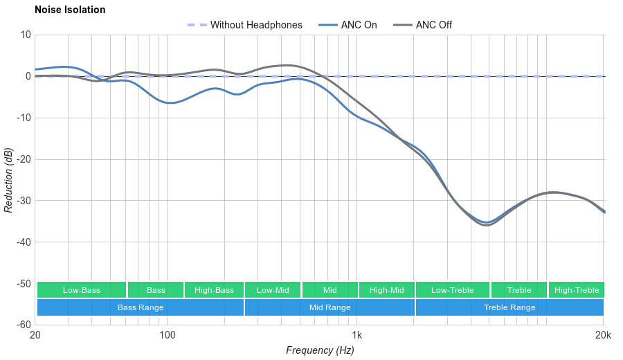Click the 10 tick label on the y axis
tap(26, 35)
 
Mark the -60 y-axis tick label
tap(23, 325)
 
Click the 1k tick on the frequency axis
tap(357, 336)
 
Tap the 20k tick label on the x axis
tap(603, 336)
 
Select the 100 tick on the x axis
tap(168, 336)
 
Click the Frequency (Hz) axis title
tap(320, 350)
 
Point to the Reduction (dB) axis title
tap(8, 180)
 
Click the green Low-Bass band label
tap(82, 290)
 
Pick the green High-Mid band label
tap(386, 290)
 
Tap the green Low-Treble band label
tap(453, 290)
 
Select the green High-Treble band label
tap(577, 290)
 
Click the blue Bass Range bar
tap(141, 307)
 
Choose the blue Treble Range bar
tap(509, 307)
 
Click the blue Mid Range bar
tap(329, 307)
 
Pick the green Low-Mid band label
tap(273, 290)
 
